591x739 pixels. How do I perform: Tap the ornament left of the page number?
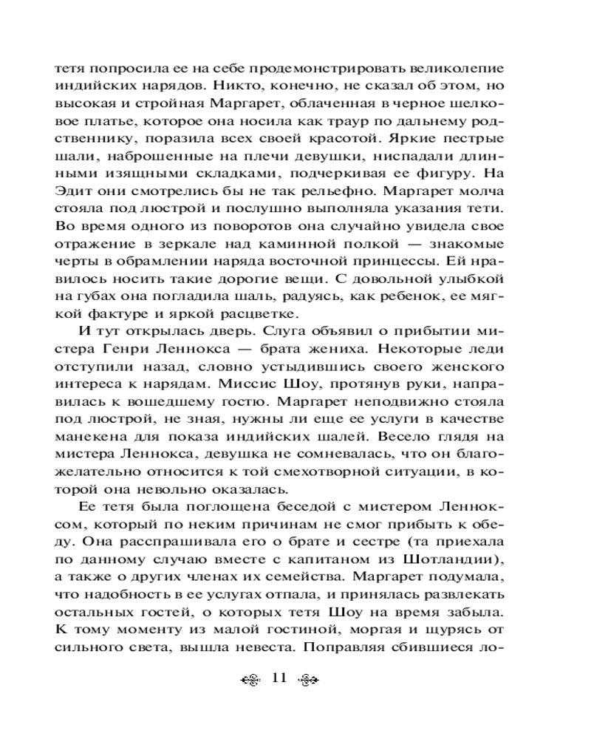(x=254, y=680)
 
